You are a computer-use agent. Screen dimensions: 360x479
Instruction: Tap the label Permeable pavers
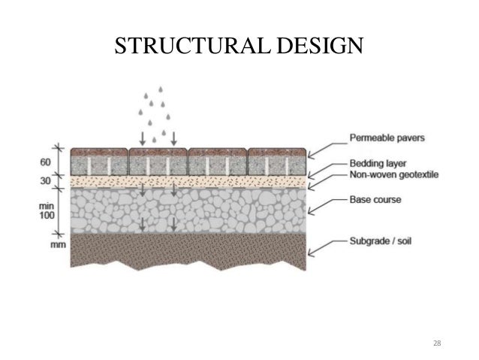point(387,138)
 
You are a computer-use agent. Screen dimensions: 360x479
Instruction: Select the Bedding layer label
point(378,162)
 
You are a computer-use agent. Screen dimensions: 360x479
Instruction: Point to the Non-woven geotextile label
point(393,174)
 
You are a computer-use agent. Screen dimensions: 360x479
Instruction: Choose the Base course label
point(375,201)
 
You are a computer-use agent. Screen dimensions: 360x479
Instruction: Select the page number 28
point(438,343)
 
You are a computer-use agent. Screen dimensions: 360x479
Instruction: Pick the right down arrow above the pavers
point(173,138)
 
